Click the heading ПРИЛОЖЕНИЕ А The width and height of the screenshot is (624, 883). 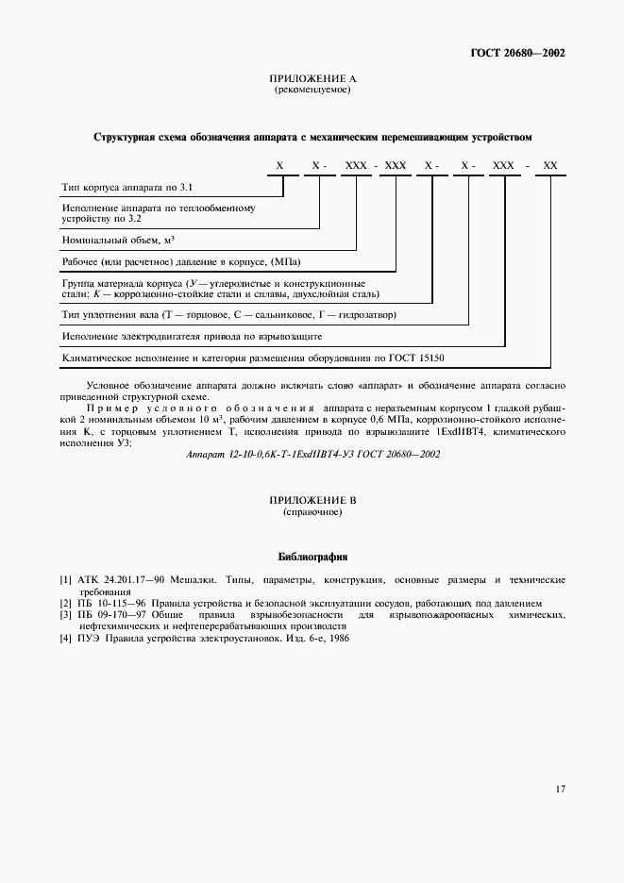[x=312, y=79]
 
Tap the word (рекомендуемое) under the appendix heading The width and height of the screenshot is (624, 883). [x=312, y=91]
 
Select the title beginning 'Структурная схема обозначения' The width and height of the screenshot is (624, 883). [x=312, y=137]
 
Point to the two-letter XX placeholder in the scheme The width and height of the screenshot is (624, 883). [x=550, y=165]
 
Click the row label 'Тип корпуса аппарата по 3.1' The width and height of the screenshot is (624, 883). [x=126, y=188]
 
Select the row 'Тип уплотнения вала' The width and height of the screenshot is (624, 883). [x=228, y=314]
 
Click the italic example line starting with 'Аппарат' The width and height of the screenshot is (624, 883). [x=312, y=454]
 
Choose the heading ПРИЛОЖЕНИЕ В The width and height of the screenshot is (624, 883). [x=312, y=500]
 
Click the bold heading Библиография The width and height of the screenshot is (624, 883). [x=312, y=557]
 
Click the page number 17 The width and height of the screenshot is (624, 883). [x=560, y=789]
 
